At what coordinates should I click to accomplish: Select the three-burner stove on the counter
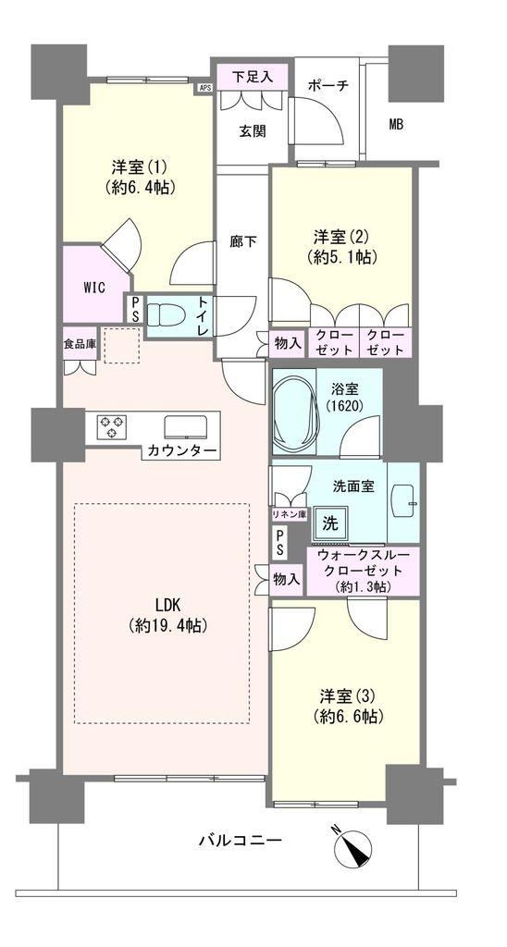click(x=112, y=425)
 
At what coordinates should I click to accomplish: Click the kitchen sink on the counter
click(x=186, y=427)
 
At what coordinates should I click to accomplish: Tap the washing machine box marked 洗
click(x=329, y=523)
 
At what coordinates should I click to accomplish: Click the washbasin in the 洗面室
click(x=404, y=497)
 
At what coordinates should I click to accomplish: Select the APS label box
click(x=204, y=88)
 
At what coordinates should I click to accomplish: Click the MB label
click(x=396, y=125)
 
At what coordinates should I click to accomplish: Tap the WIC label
click(x=94, y=288)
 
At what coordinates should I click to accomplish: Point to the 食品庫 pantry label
click(x=80, y=346)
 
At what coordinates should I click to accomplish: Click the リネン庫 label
click(x=289, y=514)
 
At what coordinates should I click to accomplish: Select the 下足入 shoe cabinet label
click(x=253, y=77)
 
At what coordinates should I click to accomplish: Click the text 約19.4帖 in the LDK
click(x=168, y=626)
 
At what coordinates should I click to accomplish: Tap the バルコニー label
click(x=240, y=840)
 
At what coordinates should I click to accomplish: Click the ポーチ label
click(x=328, y=86)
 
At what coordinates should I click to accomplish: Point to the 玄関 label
click(x=252, y=130)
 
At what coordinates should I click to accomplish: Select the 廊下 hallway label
click(x=243, y=241)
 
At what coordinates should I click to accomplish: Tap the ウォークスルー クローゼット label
click(x=359, y=570)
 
